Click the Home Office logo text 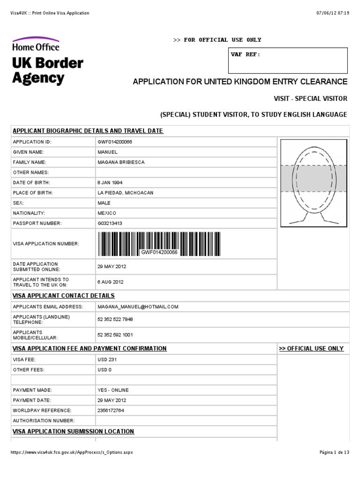[x=36, y=47]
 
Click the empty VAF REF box [x=288, y=61]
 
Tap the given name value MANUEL [x=107, y=152]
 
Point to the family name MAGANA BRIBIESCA [x=120, y=162]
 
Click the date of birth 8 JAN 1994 [x=110, y=182]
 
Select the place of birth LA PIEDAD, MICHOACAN [x=125, y=193]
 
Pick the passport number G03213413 [x=110, y=224]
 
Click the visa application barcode [x=159, y=243]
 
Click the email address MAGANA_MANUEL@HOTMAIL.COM [x=138, y=307]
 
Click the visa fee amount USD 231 [x=107, y=360]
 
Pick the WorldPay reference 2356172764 [x=111, y=410]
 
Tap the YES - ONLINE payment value [x=113, y=390]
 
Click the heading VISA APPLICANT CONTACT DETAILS [x=64, y=296]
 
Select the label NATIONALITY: [x=29, y=213]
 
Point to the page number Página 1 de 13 [x=334, y=452]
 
